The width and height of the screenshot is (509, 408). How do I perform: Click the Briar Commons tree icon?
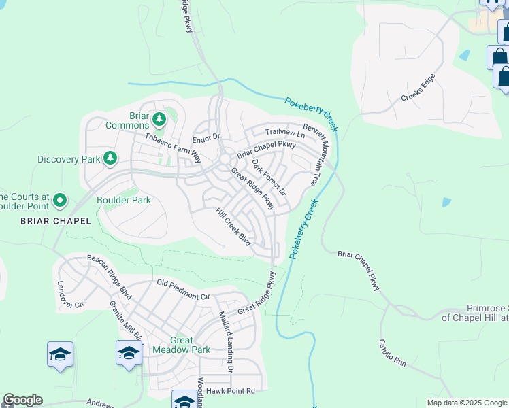click(x=159, y=120)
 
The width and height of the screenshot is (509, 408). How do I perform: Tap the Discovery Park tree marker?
click(x=110, y=159)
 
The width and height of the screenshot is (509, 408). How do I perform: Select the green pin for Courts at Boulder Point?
click(x=60, y=200)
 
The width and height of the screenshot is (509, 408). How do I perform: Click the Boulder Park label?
click(x=123, y=200)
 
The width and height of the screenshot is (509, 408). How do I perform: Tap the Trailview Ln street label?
click(x=285, y=134)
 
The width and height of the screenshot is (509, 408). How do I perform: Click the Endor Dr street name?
click(x=207, y=139)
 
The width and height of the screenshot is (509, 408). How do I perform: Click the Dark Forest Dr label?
click(x=269, y=177)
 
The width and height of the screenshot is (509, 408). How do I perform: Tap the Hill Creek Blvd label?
click(x=233, y=227)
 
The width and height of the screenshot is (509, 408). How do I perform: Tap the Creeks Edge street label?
click(x=417, y=88)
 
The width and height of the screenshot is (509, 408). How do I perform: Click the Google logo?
click(x=22, y=400)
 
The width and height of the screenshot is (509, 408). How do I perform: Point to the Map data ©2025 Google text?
click(x=466, y=403)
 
